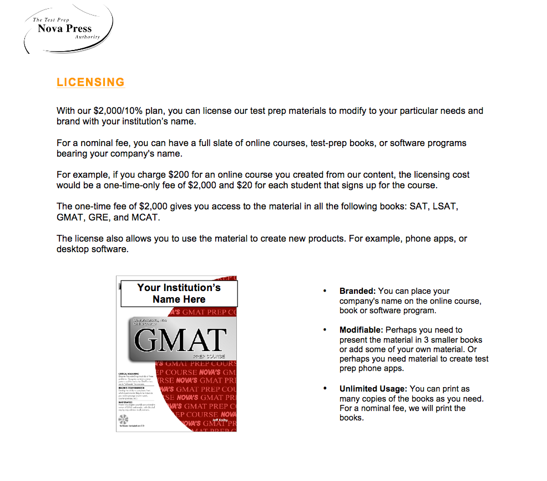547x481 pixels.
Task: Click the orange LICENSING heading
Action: pos(90,82)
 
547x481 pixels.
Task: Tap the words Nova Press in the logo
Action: pos(65,29)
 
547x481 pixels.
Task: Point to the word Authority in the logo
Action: pos(88,37)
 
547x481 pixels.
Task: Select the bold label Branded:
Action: pos(357,291)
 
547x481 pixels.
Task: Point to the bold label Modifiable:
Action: pos(361,330)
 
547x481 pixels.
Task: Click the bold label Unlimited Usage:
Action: pos(373,389)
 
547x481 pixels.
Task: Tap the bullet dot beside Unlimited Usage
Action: pos(325,389)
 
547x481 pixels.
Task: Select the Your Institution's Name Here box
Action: pos(179,293)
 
